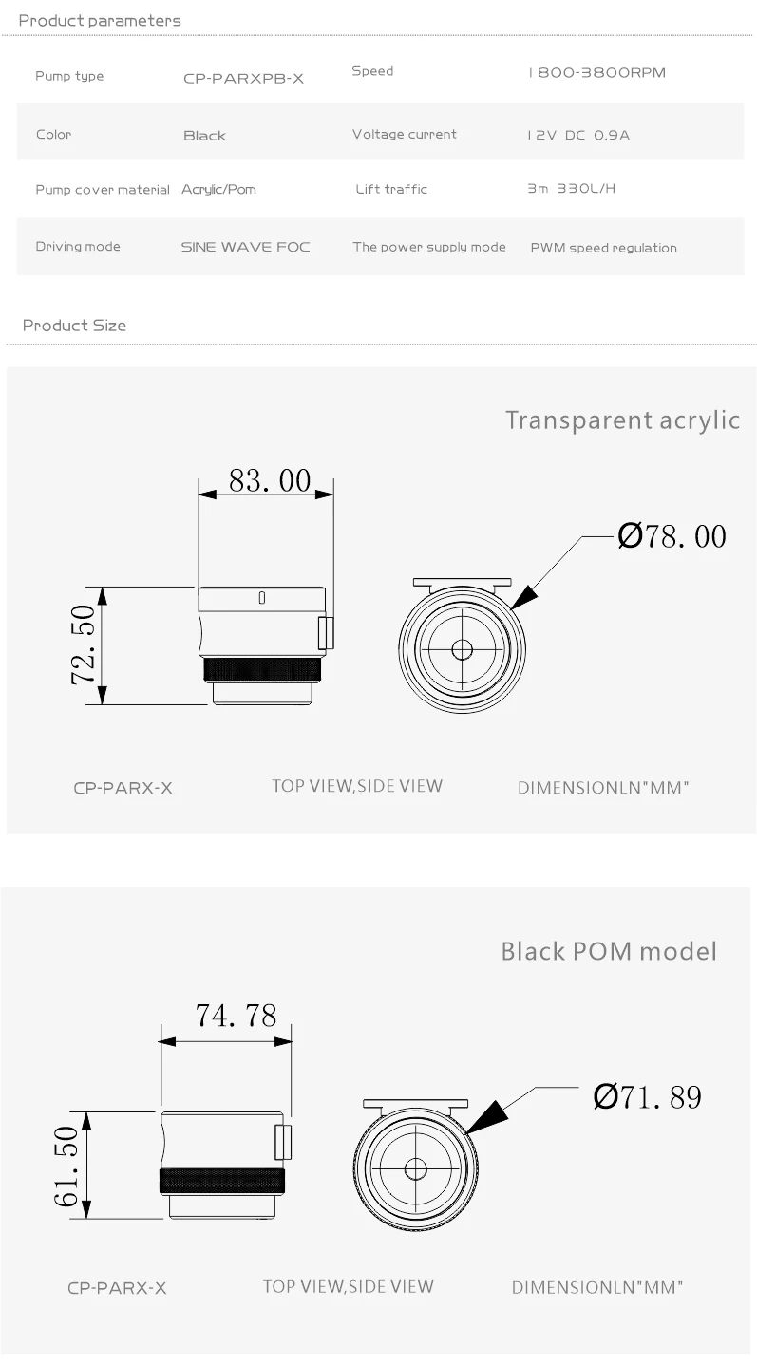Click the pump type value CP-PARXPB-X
coord(243,79)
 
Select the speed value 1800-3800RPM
coord(596,72)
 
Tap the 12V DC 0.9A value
coord(578,135)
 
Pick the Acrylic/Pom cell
coord(218,189)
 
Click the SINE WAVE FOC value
coord(245,247)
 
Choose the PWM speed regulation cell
coord(603,248)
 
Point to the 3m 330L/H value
coord(571,189)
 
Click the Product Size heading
coord(74,326)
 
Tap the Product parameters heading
coord(100,21)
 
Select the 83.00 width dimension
coord(270,480)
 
